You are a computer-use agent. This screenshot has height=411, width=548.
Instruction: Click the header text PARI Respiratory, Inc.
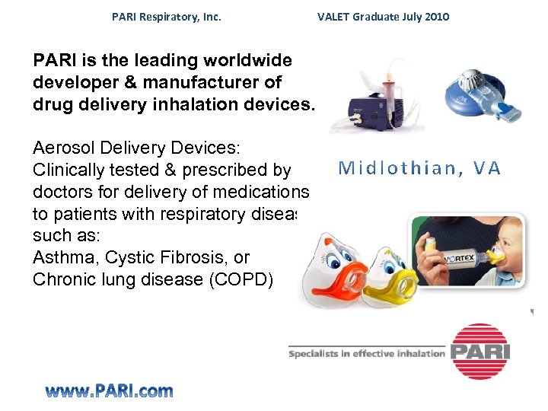point(167,16)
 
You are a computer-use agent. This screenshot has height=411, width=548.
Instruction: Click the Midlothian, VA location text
point(420,168)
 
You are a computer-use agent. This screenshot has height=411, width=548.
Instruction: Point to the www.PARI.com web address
point(109,391)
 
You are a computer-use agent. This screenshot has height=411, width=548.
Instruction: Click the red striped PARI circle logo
point(479,351)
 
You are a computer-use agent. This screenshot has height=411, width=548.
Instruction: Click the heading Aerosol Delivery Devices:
point(137,148)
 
